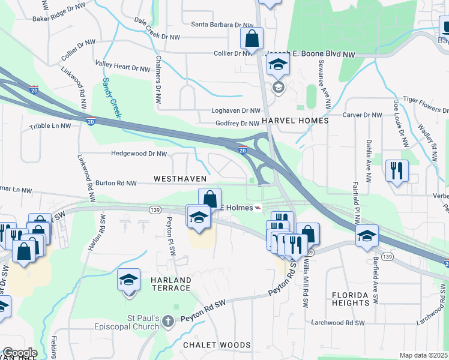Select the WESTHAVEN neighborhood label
click(x=180, y=179)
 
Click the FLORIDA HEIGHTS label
click(x=359, y=299)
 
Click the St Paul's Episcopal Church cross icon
click(x=167, y=322)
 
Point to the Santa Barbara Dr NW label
click(x=223, y=25)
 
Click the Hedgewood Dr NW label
click(x=139, y=154)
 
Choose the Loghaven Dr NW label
click(x=235, y=111)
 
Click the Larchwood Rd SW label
click(x=338, y=322)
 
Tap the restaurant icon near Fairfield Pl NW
click(x=397, y=170)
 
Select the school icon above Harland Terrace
click(x=128, y=280)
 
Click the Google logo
click(x=20, y=353)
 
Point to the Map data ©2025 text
click(x=423, y=355)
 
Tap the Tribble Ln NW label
click(x=50, y=127)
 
